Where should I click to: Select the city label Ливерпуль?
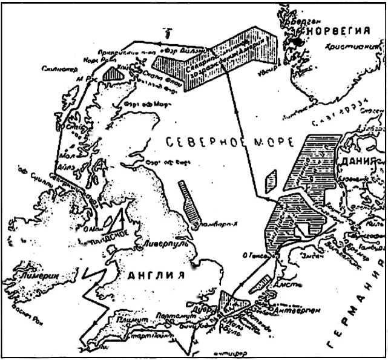pos(164,244)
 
